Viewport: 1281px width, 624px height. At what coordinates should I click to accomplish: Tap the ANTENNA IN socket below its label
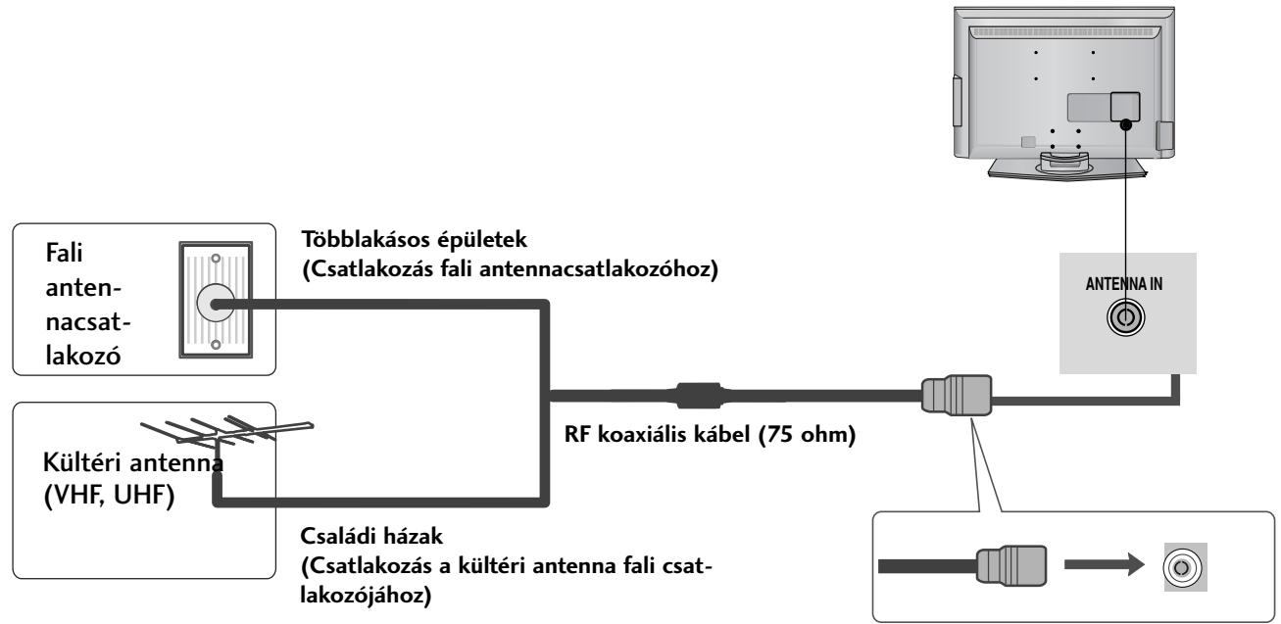point(1124,318)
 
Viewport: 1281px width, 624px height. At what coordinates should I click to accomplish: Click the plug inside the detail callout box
point(1012,566)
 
